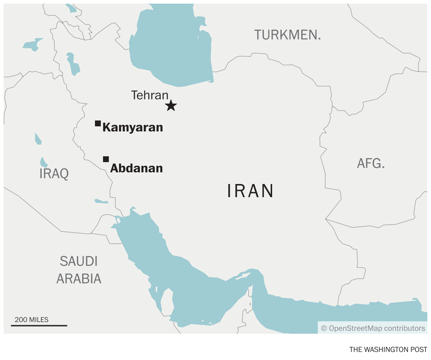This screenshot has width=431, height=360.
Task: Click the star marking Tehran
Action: tap(171, 106)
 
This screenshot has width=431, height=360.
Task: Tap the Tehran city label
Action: tap(150, 95)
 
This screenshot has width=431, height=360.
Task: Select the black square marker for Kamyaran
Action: tap(98, 123)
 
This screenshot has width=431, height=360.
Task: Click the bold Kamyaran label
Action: tap(133, 127)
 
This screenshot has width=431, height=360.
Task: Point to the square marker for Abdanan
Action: tap(106, 159)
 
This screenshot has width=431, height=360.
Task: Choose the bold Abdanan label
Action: tap(137, 168)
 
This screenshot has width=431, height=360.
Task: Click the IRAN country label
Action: tap(251, 191)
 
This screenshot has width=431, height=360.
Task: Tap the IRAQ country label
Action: tap(54, 174)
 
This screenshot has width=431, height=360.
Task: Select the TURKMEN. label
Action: tap(288, 35)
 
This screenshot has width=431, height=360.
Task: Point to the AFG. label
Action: tap(371, 163)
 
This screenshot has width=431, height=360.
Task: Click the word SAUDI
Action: tap(79, 261)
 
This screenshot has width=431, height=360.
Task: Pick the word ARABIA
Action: tap(79, 279)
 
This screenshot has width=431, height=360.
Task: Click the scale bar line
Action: tap(39, 325)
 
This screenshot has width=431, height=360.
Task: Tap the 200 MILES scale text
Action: tap(31, 320)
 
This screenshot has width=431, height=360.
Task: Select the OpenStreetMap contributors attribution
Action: tap(373, 328)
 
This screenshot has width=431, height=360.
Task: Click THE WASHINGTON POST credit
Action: tap(388, 349)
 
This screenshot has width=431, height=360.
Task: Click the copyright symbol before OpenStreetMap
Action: tap(324, 328)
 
